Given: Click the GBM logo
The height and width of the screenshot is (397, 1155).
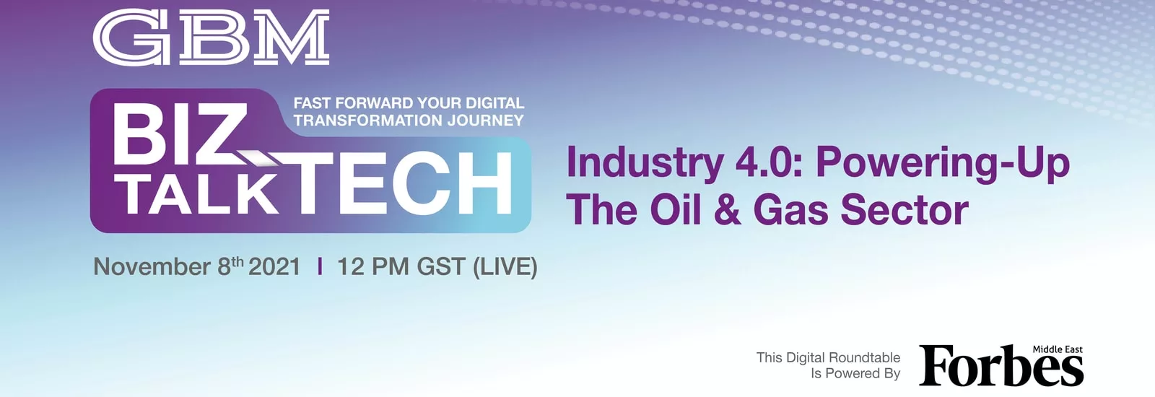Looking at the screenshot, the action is coord(211,38).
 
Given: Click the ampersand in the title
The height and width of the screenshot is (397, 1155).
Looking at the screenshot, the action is coord(727,210).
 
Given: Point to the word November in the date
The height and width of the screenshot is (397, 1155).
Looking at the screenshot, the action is coord(152,267).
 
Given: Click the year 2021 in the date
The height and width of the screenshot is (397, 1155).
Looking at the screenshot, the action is coord(274,267).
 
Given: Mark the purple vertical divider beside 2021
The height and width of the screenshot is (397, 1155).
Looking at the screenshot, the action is coord(321,266).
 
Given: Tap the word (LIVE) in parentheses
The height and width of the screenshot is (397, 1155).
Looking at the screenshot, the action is coord(505,267).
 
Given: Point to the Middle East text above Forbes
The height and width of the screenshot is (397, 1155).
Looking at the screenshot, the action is coord(1058,349).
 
